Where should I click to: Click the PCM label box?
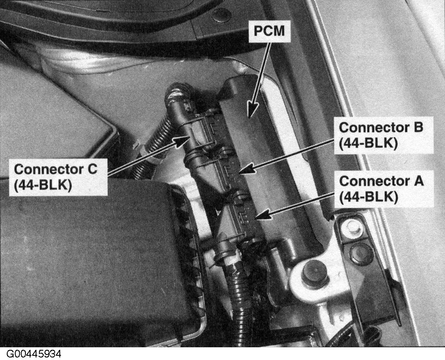coord(269,31)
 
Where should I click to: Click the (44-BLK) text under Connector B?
coord(368,143)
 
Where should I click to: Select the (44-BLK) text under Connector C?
coord(43,185)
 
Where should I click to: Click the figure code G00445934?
coord(34,354)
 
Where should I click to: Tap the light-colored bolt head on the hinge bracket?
coord(351,227)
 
